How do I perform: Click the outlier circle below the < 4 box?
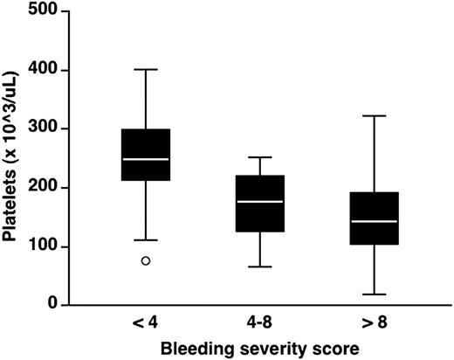146,260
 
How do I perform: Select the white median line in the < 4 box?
146,159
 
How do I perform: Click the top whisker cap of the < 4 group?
146,69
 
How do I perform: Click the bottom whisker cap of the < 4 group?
146,239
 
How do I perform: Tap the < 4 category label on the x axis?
146,323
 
